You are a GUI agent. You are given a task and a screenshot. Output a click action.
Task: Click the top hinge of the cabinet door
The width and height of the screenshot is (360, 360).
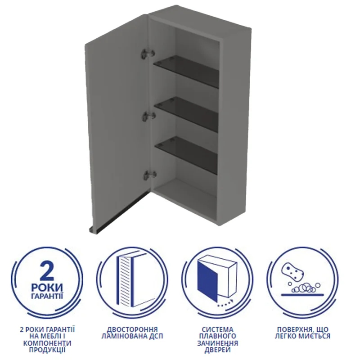tap(147, 53)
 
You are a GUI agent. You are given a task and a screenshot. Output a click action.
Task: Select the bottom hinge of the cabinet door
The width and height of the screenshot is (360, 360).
tap(150, 175)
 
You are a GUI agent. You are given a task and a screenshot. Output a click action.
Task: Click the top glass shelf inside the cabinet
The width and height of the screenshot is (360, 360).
tap(186, 71)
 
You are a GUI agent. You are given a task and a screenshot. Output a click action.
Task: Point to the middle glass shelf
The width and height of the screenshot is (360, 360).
tap(186, 114)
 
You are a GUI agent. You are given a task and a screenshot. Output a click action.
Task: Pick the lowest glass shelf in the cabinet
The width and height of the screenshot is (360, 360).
tap(186, 155)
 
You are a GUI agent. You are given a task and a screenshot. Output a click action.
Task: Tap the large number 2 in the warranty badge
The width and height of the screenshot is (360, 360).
tap(47, 270)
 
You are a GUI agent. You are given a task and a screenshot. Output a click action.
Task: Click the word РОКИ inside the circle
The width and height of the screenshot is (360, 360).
tap(47, 287)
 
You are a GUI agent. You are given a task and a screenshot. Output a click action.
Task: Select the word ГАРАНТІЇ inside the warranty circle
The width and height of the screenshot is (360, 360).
tap(47, 295)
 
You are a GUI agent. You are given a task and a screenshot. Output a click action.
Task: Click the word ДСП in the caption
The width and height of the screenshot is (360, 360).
tap(156, 336)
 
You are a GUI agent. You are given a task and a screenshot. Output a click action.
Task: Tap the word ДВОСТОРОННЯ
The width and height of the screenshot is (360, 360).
tap(132, 329)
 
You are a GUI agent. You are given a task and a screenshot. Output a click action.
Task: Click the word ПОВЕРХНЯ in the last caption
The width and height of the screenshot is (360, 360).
tap(291, 329)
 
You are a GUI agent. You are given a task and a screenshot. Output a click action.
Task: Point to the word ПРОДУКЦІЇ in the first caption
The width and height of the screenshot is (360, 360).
tap(47, 350)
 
